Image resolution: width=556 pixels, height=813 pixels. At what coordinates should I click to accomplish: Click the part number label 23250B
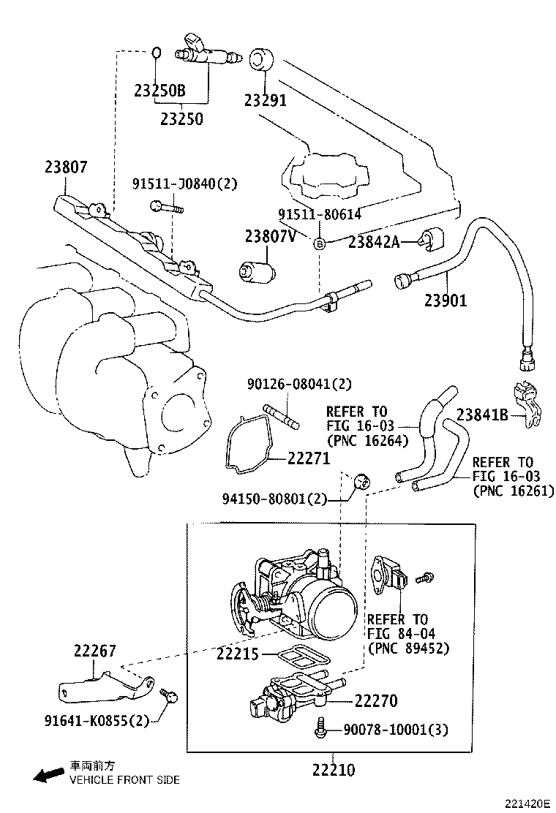click(159, 91)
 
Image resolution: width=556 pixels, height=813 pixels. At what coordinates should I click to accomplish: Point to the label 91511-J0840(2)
click(185, 184)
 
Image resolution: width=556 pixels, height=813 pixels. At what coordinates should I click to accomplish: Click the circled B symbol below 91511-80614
click(319, 243)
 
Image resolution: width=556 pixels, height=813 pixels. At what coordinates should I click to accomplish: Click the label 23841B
click(482, 414)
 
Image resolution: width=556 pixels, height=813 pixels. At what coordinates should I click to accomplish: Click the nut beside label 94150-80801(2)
click(360, 481)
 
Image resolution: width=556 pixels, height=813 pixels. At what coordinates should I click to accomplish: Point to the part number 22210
click(333, 769)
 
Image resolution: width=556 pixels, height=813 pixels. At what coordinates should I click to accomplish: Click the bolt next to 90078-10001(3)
click(320, 728)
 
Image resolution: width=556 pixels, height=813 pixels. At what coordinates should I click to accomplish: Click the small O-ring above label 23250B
click(157, 53)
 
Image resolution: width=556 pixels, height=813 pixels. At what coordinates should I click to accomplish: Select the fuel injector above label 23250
click(209, 51)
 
